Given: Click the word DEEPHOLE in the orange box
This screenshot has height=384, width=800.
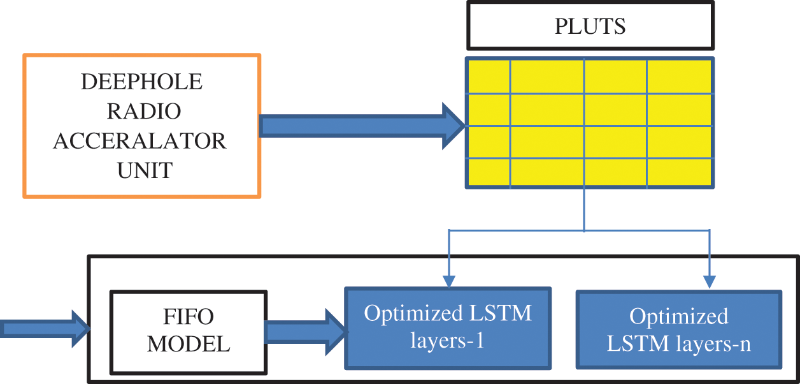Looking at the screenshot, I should (142, 82).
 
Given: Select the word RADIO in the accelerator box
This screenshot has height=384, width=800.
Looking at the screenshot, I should (143, 111).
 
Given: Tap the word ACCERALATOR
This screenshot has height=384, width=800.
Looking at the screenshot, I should (139, 140).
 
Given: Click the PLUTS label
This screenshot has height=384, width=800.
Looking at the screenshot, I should (590, 27).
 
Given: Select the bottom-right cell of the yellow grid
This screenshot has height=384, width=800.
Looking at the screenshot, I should (679, 173).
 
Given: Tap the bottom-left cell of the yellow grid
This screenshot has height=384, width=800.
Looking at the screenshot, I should (489, 173).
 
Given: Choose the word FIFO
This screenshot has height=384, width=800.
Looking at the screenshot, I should (189, 316).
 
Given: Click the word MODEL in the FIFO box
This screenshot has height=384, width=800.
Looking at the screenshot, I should (189, 344).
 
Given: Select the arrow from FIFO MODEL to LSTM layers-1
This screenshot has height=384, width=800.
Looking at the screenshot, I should (304, 331).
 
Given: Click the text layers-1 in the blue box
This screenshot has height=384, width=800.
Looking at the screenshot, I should (447, 341).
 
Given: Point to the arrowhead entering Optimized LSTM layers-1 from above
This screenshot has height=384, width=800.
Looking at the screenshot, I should (449, 281).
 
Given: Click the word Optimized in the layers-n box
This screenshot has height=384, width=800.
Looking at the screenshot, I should (678, 316).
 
